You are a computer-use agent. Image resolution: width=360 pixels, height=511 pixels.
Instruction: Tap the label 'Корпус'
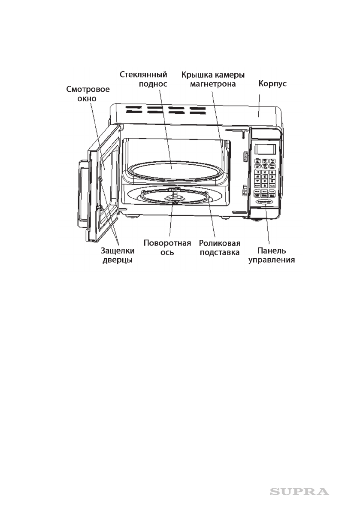[x=272, y=85]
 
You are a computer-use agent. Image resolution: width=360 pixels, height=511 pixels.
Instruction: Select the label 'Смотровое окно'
[x=88, y=94]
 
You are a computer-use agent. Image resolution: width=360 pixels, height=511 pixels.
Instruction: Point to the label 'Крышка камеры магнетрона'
[x=213, y=79]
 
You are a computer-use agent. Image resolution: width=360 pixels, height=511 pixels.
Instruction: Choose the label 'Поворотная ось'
[x=167, y=248]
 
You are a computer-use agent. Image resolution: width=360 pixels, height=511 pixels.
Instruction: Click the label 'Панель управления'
[x=272, y=255]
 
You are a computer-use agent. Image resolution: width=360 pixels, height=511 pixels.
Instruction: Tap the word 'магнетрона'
[x=213, y=84]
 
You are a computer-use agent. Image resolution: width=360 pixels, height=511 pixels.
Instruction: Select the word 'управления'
[x=272, y=260]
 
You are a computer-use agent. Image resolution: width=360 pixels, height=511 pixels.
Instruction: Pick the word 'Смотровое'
[x=88, y=89]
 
